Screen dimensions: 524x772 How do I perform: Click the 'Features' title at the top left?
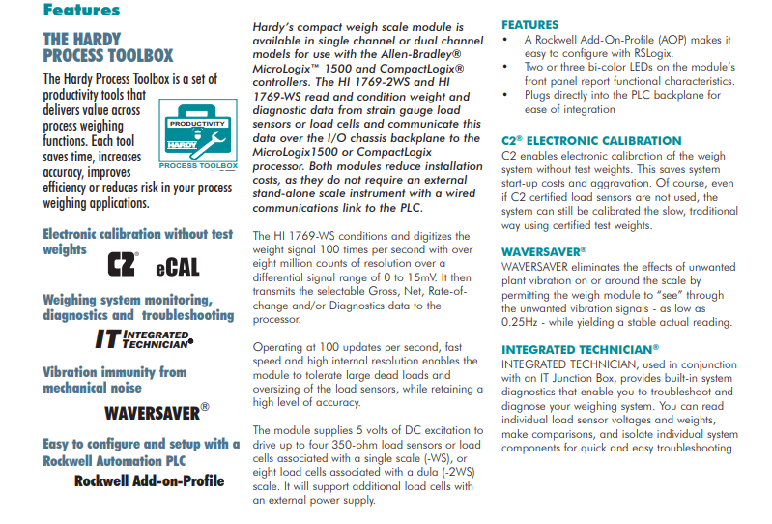tap(81, 11)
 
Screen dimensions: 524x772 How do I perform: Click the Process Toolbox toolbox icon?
tap(191, 133)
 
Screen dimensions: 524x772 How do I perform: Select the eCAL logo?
tap(177, 266)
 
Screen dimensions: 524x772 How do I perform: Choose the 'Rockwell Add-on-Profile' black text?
tap(149, 480)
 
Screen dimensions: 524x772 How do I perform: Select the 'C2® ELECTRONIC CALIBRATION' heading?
tap(591, 140)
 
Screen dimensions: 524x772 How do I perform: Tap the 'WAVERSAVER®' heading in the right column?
tap(544, 251)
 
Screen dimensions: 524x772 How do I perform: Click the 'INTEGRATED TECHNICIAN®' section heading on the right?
tap(580, 348)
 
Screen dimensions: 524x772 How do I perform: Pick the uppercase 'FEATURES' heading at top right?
tap(529, 24)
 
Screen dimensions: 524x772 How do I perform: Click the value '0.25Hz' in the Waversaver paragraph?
tap(524, 324)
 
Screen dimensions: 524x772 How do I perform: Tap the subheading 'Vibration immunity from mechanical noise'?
tap(115, 379)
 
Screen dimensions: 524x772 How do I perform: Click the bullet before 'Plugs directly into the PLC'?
tap(507, 96)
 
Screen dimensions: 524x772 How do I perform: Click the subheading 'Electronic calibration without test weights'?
tap(138, 241)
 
